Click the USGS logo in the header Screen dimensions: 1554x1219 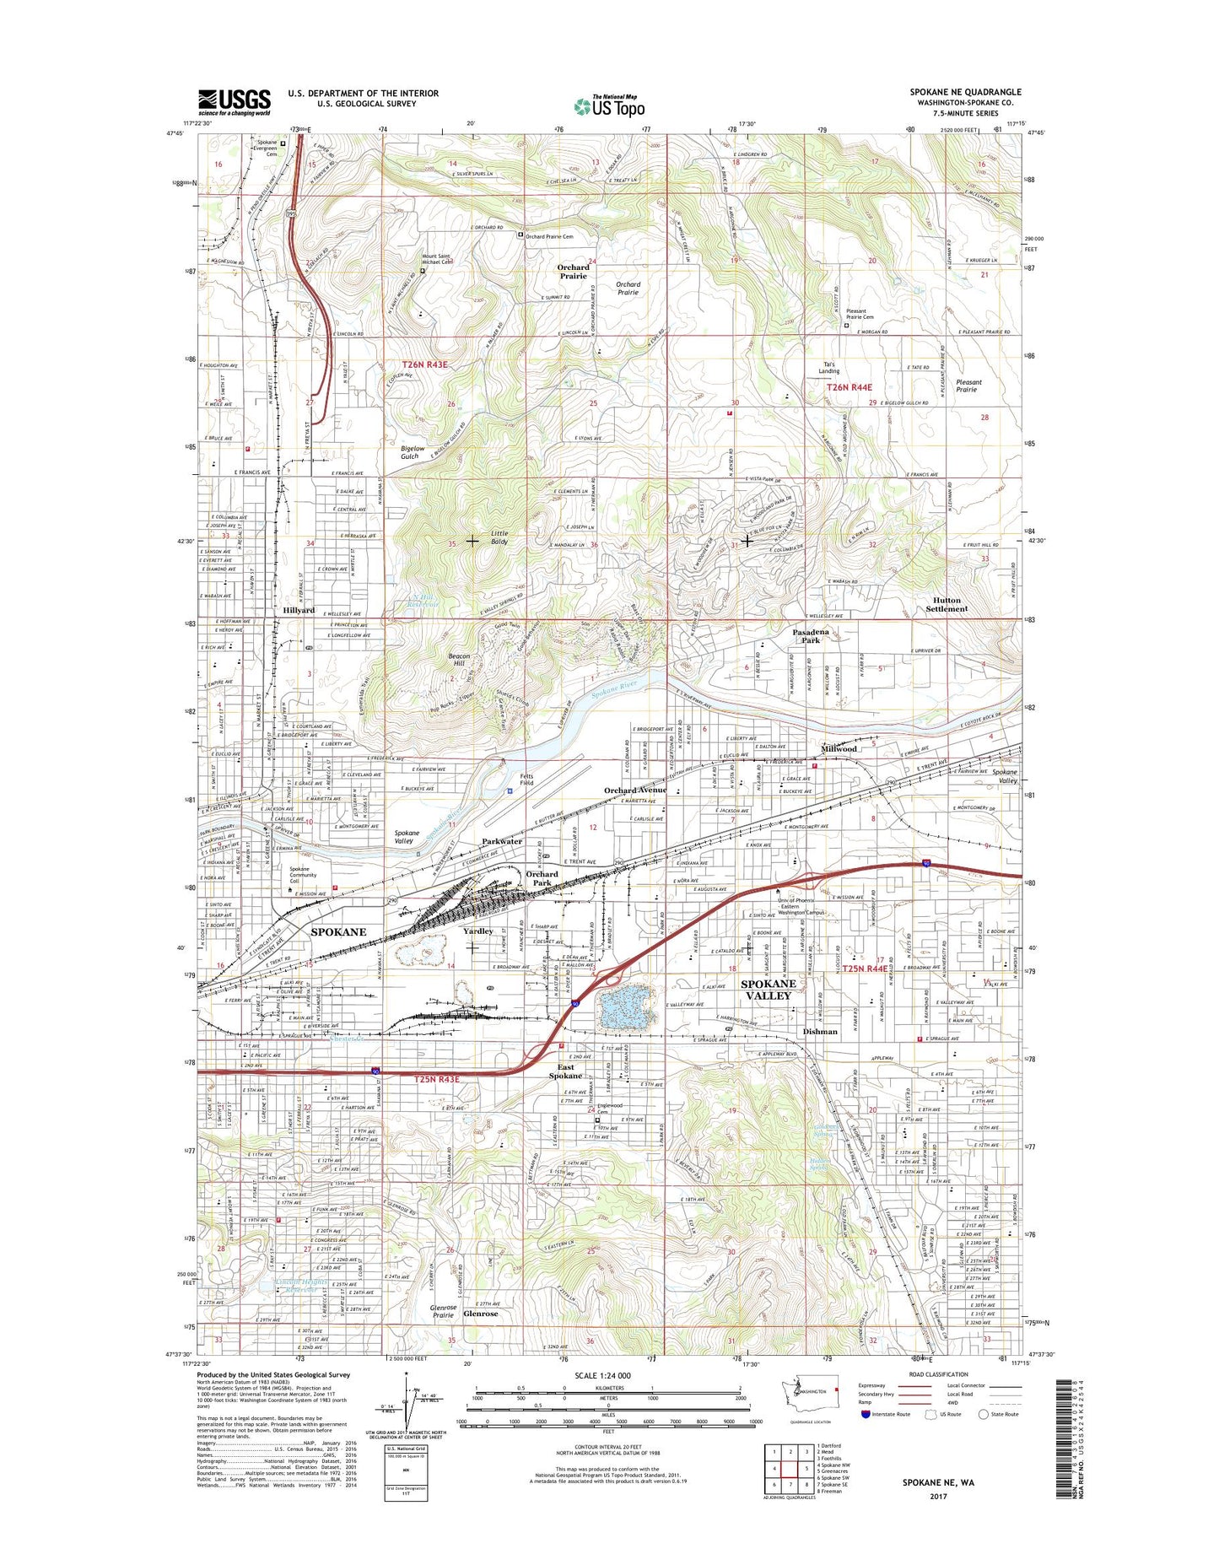coord(235,102)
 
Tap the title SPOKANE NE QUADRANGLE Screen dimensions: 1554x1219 coord(965,92)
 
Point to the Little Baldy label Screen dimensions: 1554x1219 coord(499,537)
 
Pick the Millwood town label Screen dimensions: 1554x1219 coord(839,748)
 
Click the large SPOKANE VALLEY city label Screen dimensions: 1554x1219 coord(768,990)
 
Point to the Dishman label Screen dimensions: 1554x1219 coord(820,1032)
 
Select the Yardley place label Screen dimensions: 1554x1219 coord(477,931)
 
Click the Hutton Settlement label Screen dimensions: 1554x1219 coord(947,604)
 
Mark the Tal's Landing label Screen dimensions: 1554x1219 coord(829,368)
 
